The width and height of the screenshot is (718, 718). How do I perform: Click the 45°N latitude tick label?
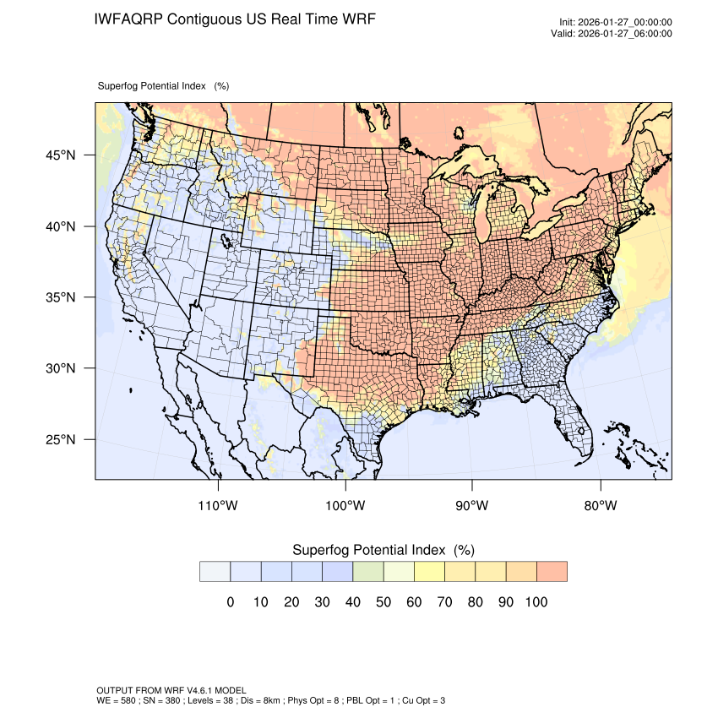[60, 155]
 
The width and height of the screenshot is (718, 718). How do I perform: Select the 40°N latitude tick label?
[60, 226]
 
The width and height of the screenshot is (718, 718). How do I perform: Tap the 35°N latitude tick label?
[60, 297]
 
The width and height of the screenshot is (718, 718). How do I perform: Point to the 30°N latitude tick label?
[60, 368]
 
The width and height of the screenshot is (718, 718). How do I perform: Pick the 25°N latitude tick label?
[60, 439]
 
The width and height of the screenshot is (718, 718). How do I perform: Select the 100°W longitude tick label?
[345, 506]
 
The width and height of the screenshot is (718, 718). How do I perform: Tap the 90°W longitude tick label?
[472, 506]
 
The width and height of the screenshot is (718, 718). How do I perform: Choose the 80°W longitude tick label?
[600, 506]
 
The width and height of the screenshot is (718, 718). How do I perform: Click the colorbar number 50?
[383, 602]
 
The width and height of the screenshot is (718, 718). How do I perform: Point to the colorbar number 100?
[536, 602]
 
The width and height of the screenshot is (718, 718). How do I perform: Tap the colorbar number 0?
[230, 602]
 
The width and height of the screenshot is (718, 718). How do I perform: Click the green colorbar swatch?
[368, 572]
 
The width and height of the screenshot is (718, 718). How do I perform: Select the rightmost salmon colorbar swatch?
[552, 572]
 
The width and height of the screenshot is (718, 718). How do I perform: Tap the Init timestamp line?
[616, 23]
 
